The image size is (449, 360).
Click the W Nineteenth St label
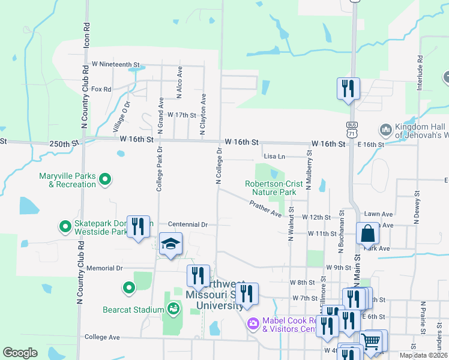(115, 64)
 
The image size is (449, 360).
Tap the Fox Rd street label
(101, 89)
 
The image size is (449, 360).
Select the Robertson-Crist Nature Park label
(271, 188)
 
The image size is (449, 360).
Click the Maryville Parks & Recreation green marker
(105, 179)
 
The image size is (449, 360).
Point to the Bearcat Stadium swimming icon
(173, 309)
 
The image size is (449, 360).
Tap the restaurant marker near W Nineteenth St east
(348, 89)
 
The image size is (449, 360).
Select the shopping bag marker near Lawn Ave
(367, 233)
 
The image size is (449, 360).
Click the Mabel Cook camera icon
(253, 324)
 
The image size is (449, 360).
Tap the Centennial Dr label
(187, 224)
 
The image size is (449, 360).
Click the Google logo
(20, 353)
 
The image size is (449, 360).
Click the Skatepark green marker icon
(65, 227)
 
